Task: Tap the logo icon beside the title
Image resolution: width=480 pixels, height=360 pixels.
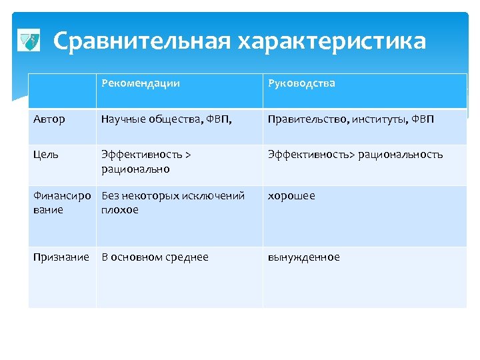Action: [27, 41]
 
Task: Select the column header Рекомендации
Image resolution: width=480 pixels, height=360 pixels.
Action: [141, 83]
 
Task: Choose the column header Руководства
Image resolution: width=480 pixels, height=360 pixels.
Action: [301, 83]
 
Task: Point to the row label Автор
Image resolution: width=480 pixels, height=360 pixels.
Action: [49, 119]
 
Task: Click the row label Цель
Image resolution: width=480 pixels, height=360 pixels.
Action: [46, 155]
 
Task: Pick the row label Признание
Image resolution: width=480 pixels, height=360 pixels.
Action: [61, 257]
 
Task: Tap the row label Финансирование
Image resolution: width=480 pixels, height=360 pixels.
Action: [61, 203]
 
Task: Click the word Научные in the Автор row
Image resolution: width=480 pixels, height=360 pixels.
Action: [122, 119]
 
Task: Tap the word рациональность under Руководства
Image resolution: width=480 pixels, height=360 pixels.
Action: [401, 155]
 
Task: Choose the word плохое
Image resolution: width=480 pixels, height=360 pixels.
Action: [120, 210]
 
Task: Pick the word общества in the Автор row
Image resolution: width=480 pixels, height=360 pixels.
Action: [170, 119]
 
